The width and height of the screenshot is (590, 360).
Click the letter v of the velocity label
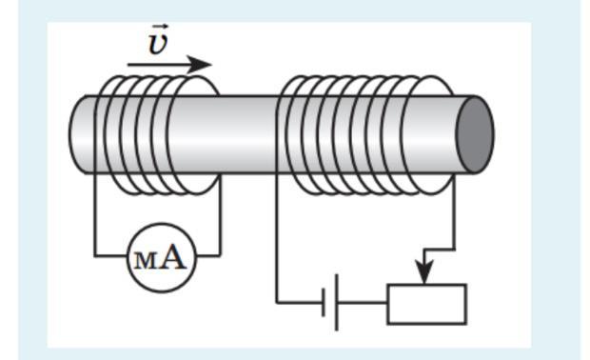pyautogui.click(x=158, y=44)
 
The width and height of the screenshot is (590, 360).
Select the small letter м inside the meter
pyautogui.click(x=144, y=261)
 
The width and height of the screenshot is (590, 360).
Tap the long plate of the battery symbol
pyautogui.click(x=336, y=303)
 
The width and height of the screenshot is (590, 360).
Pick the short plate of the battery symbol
pyautogui.click(x=324, y=303)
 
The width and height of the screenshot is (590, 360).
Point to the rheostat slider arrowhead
pyautogui.click(x=424, y=271)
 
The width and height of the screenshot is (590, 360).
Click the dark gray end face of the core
pyautogui.click(x=475, y=134)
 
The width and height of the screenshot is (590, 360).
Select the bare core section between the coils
pyautogui.click(x=248, y=134)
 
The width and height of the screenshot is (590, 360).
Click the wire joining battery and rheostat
pyautogui.click(x=363, y=303)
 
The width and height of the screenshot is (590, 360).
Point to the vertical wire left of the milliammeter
pyautogui.click(x=94, y=214)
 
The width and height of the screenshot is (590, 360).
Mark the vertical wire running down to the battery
pyautogui.click(x=277, y=237)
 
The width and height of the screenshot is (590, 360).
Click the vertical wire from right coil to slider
pyautogui.click(x=454, y=211)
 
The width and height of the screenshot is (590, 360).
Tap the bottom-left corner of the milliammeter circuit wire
pyautogui.click(x=94, y=256)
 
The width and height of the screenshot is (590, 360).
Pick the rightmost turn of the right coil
pyautogui.click(x=428, y=134)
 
